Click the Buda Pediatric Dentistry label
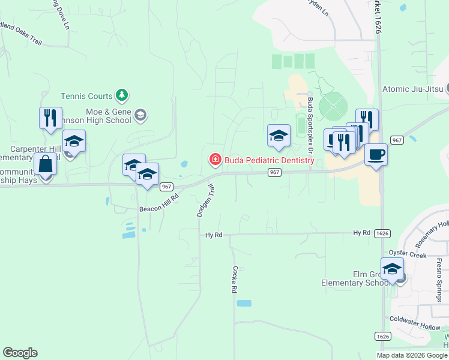(270, 160)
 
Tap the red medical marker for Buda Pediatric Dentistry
(214, 160)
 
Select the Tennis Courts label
(86, 96)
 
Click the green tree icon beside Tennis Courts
(122, 95)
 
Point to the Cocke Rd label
(235, 280)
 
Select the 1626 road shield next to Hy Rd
(382, 232)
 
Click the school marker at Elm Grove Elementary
(392, 269)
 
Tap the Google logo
(20, 353)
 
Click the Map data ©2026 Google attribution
(412, 355)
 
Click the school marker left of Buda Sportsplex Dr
(279, 136)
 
